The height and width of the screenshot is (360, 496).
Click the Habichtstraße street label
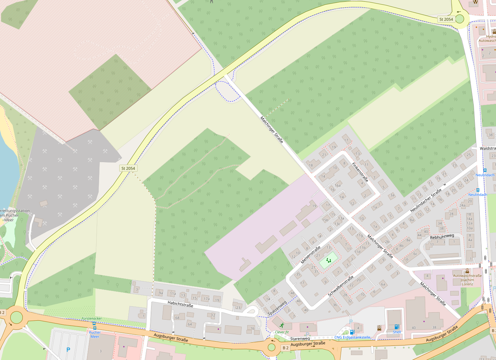180,304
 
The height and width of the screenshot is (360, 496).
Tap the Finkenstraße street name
360,172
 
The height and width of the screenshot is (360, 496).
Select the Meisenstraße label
310,255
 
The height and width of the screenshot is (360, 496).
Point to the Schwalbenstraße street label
340,286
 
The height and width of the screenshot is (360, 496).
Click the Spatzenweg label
277,308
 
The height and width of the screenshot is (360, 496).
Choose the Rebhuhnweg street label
442,236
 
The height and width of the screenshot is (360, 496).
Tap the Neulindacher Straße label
426,200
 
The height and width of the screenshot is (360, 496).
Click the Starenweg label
300,339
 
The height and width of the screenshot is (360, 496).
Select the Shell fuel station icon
397,327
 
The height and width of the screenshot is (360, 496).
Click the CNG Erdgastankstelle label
352,337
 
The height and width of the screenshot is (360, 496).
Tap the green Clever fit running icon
282,325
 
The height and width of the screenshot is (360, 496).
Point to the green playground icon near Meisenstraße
329,261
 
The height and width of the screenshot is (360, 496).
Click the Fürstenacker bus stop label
92,319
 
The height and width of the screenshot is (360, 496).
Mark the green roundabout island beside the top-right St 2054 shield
460,19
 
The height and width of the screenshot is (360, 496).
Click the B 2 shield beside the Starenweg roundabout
286,348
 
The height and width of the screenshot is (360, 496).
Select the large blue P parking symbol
68,350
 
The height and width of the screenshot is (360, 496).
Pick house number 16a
338,185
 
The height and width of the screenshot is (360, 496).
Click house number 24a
462,205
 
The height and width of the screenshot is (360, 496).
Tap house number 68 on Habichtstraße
177,318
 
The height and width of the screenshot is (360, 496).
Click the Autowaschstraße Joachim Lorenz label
467,280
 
